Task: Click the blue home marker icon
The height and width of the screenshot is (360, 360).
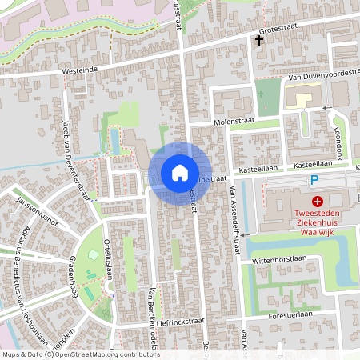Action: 179,172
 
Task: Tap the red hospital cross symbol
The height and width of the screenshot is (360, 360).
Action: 318,202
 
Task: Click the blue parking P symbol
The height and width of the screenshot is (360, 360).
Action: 314,181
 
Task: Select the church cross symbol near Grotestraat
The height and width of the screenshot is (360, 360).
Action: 259,39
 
